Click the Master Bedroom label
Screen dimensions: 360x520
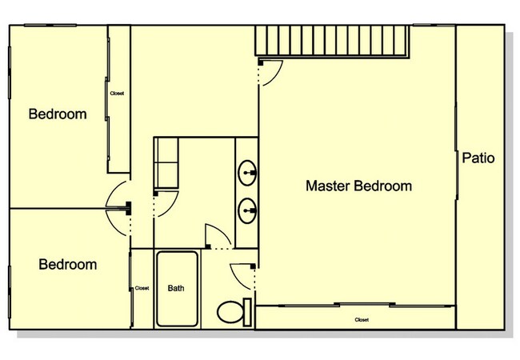point(359,186)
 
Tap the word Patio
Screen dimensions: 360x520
point(478,158)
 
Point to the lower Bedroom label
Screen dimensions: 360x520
point(68,264)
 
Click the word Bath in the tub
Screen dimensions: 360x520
point(176,288)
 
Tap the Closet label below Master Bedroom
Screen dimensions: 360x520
point(362,319)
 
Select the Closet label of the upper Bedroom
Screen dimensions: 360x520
point(117,94)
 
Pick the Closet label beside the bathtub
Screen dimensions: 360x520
point(142,288)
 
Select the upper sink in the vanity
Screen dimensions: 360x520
point(248,170)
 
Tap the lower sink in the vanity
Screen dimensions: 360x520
point(248,211)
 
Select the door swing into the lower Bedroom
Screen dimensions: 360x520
point(118,222)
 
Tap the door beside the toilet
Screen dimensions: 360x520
point(241,276)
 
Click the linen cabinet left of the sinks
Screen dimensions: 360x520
point(166,162)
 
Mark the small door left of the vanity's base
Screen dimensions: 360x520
point(217,236)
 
